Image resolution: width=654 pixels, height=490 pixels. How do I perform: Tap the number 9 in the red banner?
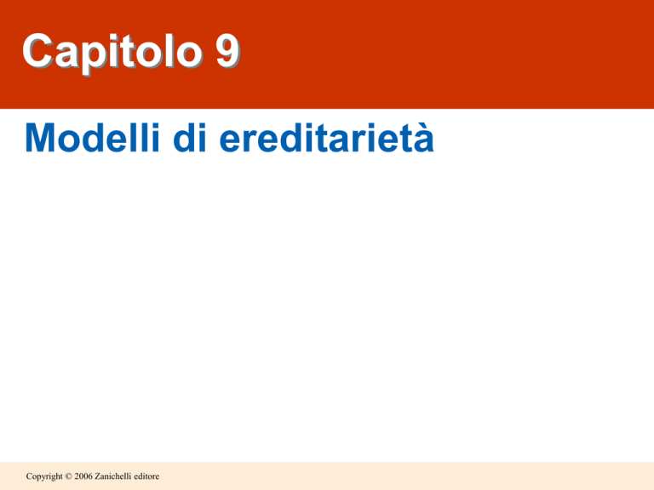pyautogui.click(x=227, y=50)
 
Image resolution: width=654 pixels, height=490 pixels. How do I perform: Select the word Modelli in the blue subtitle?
pyautogui.click(x=93, y=138)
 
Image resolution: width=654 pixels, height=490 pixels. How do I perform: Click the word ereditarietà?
pyautogui.click(x=327, y=138)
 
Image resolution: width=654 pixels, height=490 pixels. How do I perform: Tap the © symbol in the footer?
pyautogui.click(x=68, y=476)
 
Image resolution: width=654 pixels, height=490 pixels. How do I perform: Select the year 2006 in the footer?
pyautogui.click(x=83, y=476)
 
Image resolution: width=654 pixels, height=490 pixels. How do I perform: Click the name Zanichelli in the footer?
pyautogui.click(x=112, y=476)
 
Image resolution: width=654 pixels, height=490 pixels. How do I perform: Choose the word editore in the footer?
pyautogui.click(x=146, y=476)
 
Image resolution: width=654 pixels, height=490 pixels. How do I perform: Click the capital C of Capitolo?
pyautogui.click(x=38, y=50)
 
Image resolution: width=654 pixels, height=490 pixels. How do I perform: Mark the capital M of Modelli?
pyautogui.click(x=41, y=138)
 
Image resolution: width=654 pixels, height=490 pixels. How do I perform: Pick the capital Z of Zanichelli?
pyautogui.click(x=98, y=476)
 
